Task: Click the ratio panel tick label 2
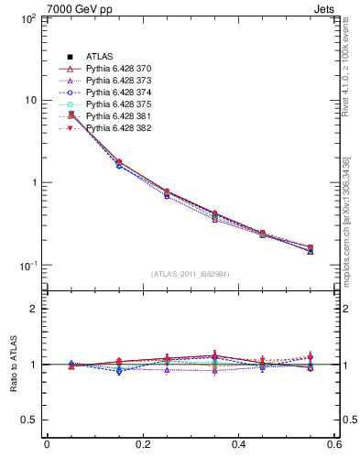coord(34,309)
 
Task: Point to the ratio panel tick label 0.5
coord(29,420)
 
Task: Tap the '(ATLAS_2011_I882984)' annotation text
coord(191,274)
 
